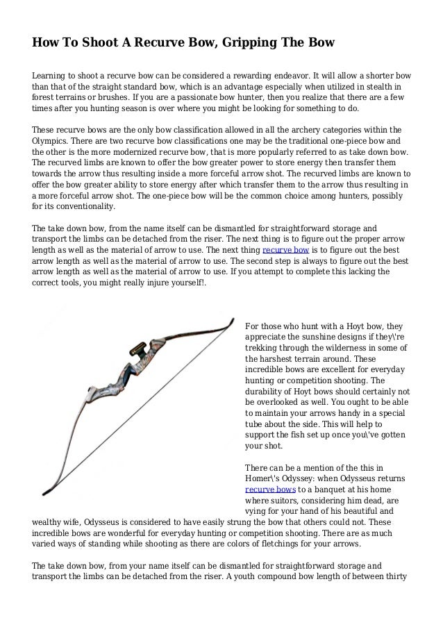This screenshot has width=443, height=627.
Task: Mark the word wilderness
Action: [x=355, y=347]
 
